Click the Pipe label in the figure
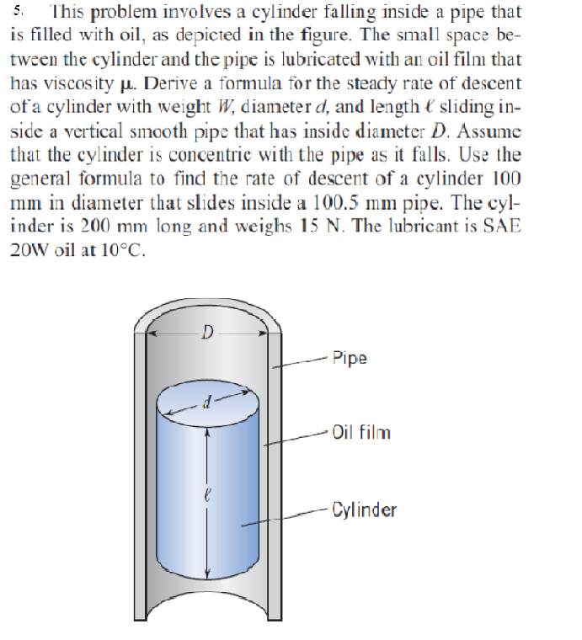pyautogui.click(x=350, y=358)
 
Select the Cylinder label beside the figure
pyautogui.click(x=364, y=509)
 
